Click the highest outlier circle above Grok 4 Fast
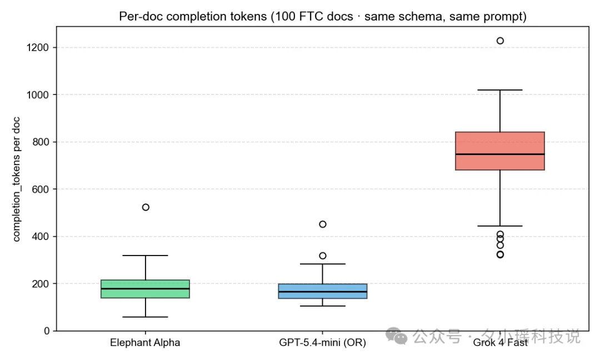500,41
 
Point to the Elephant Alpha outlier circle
146,207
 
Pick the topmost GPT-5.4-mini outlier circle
323,224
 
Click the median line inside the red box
500,154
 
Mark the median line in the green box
145,288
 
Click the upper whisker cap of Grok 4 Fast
500,90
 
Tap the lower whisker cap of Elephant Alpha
145,317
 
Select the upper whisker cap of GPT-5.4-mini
323,264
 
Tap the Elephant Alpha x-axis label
145,343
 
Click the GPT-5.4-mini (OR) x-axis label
322,343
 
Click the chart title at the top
322,17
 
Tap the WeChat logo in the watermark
396,335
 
